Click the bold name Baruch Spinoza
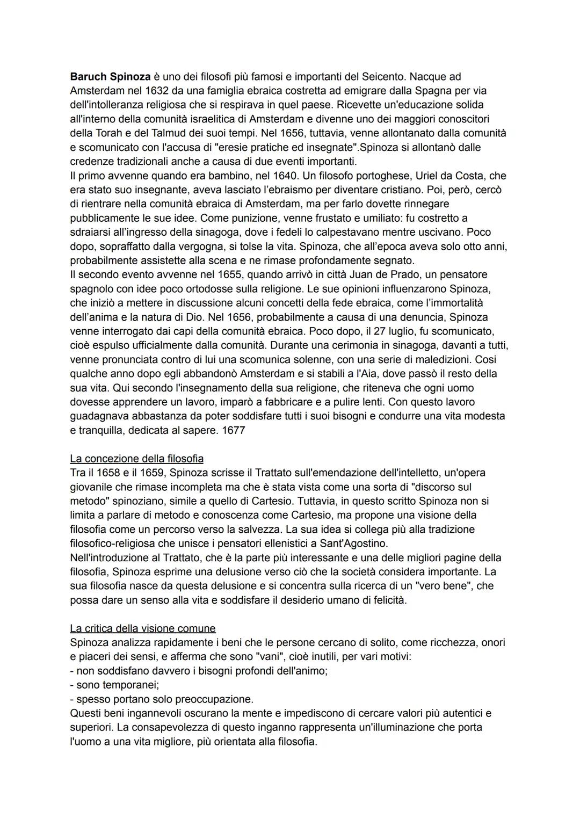tap(110, 77)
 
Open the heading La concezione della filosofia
tap(137, 459)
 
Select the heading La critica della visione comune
tap(143, 628)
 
